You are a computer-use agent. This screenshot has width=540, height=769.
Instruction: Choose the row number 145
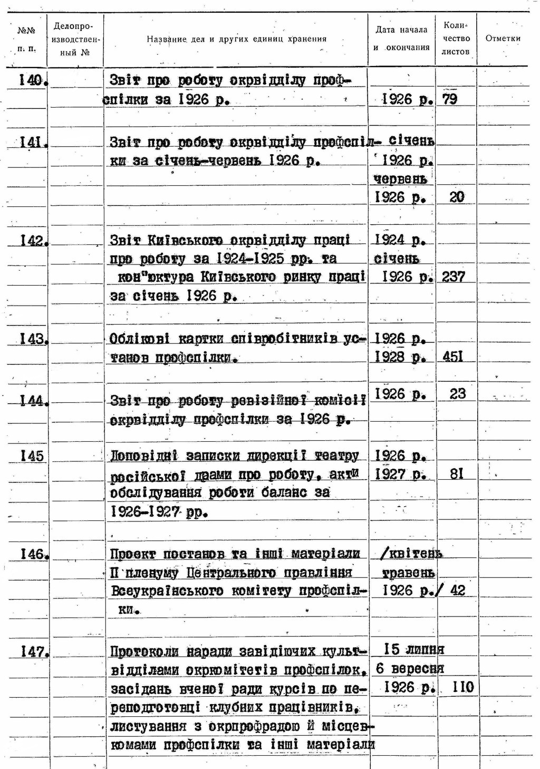click(x=32, y=456)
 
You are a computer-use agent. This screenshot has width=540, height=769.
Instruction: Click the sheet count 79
click(x=450, y=99)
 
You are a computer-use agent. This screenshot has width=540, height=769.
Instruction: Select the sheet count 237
click(x=453, y=277)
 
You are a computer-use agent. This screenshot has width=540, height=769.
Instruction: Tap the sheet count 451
click(x=452, y=357)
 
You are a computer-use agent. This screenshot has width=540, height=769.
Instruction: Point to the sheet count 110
click(x=463, y=687)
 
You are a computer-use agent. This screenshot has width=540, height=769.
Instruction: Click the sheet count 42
click(x=458, y=590)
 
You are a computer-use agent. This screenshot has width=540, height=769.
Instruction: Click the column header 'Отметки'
click(x=503, y=39)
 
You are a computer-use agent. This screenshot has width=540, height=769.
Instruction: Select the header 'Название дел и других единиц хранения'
click(x=236, y=39)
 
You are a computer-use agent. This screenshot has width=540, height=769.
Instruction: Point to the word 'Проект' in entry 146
click(x=133, y=554)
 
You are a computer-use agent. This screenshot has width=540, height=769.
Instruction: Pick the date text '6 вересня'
click(x=410, y=669)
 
